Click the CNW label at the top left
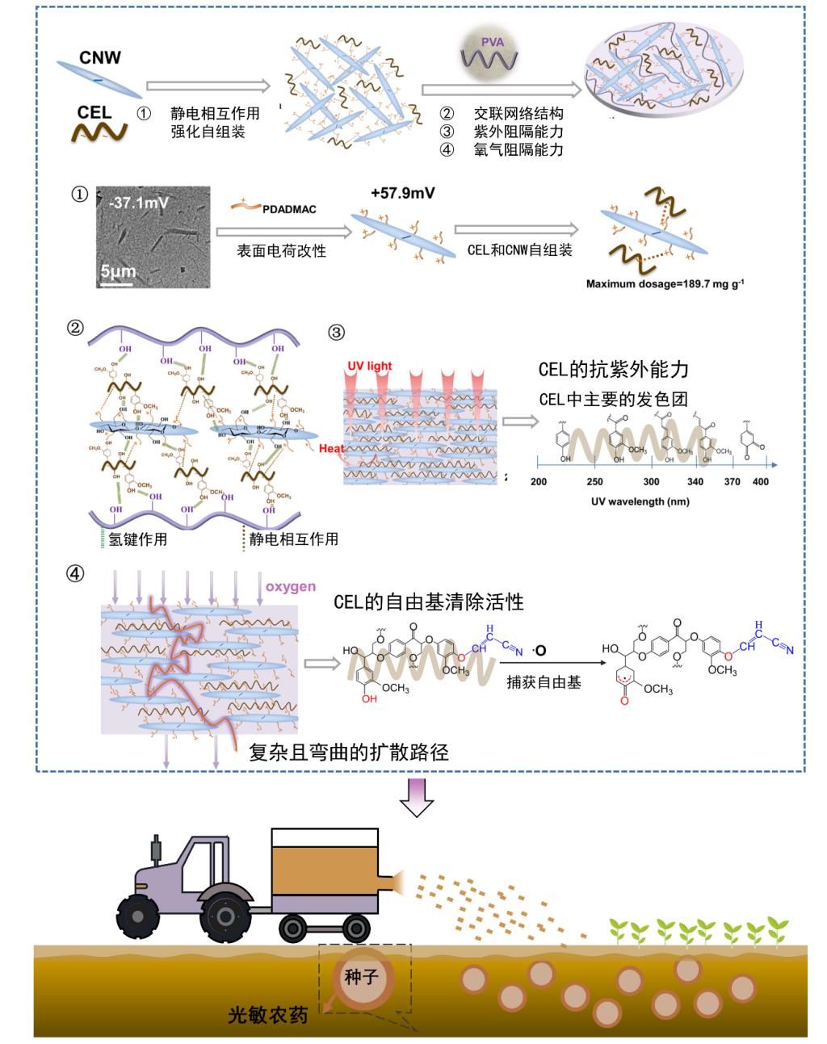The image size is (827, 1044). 100,57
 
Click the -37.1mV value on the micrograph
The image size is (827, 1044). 138,203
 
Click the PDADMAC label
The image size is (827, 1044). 289,209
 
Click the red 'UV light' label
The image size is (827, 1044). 369,366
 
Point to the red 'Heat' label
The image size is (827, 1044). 332,449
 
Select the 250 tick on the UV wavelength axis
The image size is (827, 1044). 594,482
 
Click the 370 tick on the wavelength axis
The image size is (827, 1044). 732,482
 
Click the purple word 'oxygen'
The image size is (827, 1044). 291,586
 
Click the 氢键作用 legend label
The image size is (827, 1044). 138,539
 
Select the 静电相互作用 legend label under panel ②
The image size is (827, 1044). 293,539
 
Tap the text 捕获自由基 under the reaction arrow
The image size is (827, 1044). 543,682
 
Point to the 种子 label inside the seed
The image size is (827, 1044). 361,977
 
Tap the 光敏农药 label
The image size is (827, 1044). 267,1015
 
